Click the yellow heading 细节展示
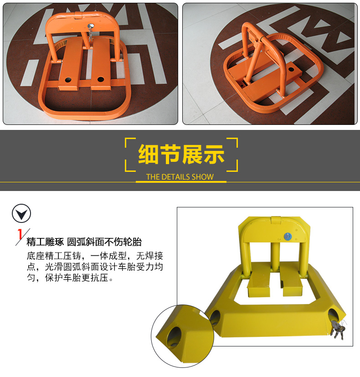(x=181, y=154)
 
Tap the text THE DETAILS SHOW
(x=180, y=177)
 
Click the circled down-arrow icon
(x=21, y=213)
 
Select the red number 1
(x=20, y=234)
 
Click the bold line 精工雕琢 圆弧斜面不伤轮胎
(x=84, y=242)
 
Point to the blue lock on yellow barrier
(x=288, y=237)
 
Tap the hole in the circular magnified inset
(x=175, y=336)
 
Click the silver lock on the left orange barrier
(x=91, y=26)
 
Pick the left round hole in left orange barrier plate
(x=68, y=79)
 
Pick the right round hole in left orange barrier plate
(x=101, y=79)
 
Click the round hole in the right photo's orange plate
(x=291, y=70)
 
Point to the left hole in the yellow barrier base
(x=215, y=318)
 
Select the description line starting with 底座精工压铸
(x=95, y=256)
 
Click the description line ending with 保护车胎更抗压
(x=70, y=278)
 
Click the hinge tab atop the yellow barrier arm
(x=276, y=220)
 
